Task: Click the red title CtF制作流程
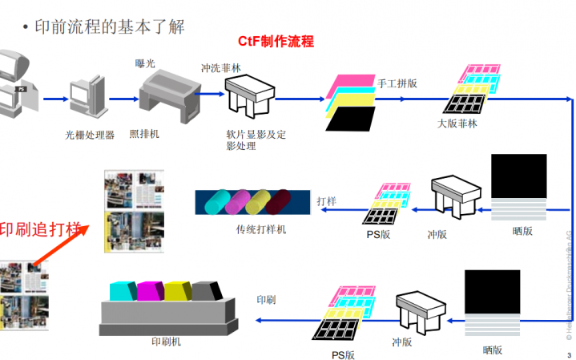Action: (x=276, y=40)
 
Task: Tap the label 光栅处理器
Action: (x=90, y=136)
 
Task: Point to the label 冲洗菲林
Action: (x=220, y=69)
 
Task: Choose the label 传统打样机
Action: (x=261, y=230)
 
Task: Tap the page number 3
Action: (x=568, y=354)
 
